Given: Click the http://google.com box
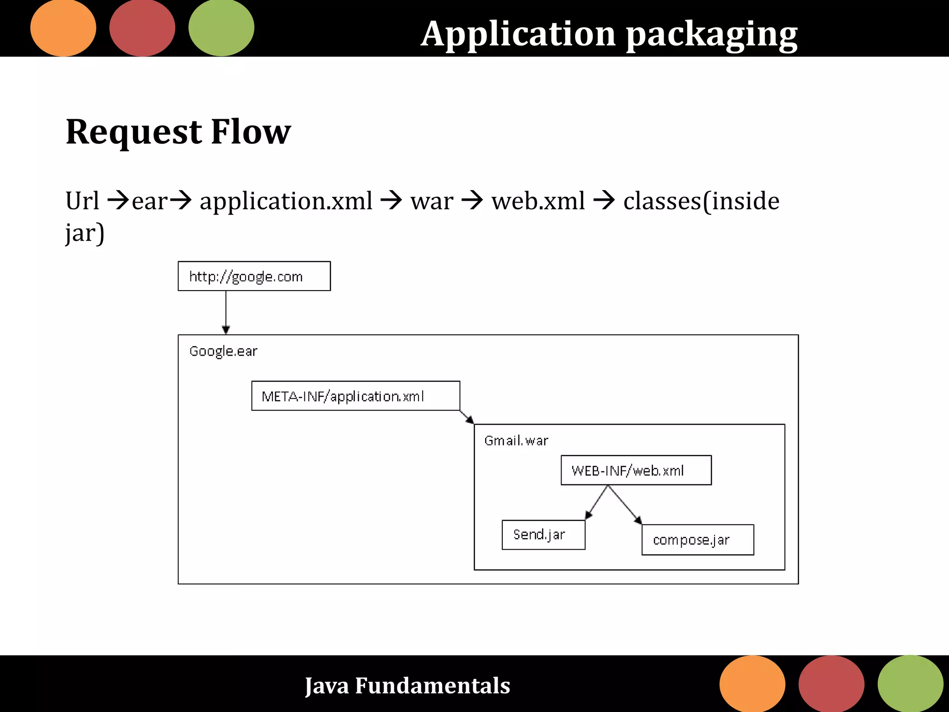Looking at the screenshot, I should pyautogui.click(x=254, y=276).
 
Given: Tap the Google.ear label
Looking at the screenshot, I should pyautogui.click(x=223, y=351).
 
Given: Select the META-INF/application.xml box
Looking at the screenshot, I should pyautogui.click(x=355, y=396).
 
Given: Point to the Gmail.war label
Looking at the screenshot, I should pyautogui.click(x=516, y=440).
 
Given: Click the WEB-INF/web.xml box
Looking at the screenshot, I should pyautogui.click(x=636, y=470).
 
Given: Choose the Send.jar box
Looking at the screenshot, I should pyautogui.click(x=543, y=535).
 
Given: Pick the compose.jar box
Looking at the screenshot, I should pyautogui.click(x=697, y=540).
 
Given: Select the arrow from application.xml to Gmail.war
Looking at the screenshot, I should pyautogui.click(x=467, y=417).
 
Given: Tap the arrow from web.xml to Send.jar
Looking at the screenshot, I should pyautogui.click(x=596, y=502).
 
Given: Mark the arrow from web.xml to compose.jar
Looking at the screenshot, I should pyautogui.click(x=625, y=505).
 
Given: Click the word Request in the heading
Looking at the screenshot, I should pyautogui.click(x=134, y=132).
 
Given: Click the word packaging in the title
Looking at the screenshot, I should pyautogui.click(x=712, y=34).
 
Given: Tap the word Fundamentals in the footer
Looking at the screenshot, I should pyautogui.click(x=432, y=686).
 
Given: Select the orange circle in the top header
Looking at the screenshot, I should pyautogui.click(x=63, y=28).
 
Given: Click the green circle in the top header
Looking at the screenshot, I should pyautogui.click(x=221, y=28).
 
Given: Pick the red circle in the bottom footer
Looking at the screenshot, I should pyautogui.click(x=831, y=684).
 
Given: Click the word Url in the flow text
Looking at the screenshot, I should pyautogui.click(x=82, y=201).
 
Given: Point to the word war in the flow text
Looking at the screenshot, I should pyautogui.click(x=431, y=201).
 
